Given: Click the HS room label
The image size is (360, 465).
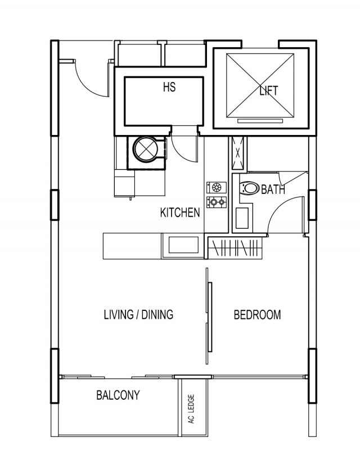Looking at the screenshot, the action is [x=169, y=87].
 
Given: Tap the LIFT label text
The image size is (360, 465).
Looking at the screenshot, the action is [x=268, y=91].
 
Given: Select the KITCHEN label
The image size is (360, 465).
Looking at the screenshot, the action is [x=180, y=213].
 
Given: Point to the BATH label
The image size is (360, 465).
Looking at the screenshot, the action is [x=273, y=189].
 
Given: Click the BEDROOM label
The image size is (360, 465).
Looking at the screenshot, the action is [x=257, y=315].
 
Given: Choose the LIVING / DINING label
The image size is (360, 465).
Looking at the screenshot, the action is [x=138, y=315].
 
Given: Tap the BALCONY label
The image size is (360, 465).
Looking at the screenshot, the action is [x=118, y=395].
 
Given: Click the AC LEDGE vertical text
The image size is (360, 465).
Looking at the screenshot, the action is [x=191, y=409].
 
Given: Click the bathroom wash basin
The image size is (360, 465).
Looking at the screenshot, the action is [x=242, y=218].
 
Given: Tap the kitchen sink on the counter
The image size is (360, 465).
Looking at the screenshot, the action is [x=183, y=245].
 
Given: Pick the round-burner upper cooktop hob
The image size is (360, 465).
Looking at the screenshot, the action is [x=217, y=188].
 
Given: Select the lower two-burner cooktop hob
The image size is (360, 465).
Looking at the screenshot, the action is [x=217, y=202].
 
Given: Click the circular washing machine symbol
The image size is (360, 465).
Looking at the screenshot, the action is [x=146, y=149].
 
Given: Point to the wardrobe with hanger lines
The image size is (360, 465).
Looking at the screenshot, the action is [x=235, y=247].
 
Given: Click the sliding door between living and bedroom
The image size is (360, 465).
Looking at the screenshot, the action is [x=209, y=317].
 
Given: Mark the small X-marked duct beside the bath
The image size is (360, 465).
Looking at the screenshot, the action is [x=237, y=154].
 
